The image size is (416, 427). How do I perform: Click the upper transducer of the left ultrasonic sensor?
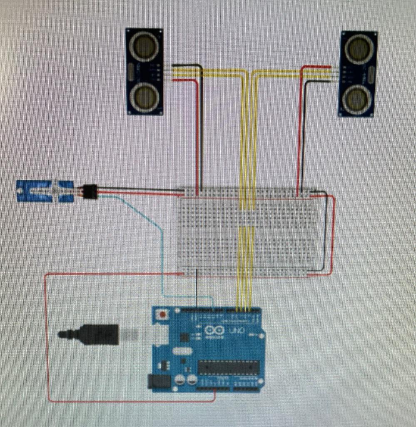144,45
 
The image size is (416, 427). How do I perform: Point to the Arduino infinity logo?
214,331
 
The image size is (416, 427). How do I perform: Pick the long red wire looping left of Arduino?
47,334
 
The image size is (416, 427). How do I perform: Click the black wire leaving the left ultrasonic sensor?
202,125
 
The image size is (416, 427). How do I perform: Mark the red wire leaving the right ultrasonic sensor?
299,125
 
